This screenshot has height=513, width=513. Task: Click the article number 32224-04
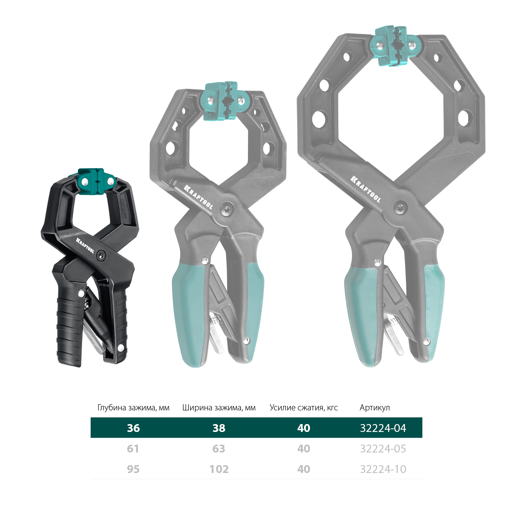(x=383, y=428)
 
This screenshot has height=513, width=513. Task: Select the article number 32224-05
(x=383, y=449)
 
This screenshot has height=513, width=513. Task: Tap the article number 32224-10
(x=383, y=469)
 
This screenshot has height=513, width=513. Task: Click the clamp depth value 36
(x=133, y=428)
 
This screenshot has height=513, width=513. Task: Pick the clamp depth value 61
(x=133, y=449)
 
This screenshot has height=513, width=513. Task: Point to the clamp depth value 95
(x=133, y=469)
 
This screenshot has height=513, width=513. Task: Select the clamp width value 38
(x=219, y=428)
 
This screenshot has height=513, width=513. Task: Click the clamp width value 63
(x=219, y=449)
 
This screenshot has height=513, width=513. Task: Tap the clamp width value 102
(x=219, y=469)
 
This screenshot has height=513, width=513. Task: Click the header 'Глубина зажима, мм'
(x=133, y=408)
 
